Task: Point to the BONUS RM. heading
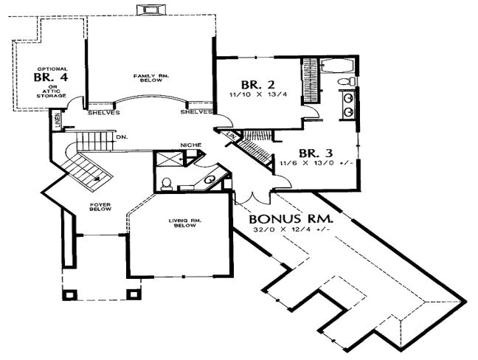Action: (x=290, y=219)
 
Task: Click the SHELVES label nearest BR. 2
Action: (x=195, y=113)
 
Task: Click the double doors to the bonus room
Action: (x=252, y=198)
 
